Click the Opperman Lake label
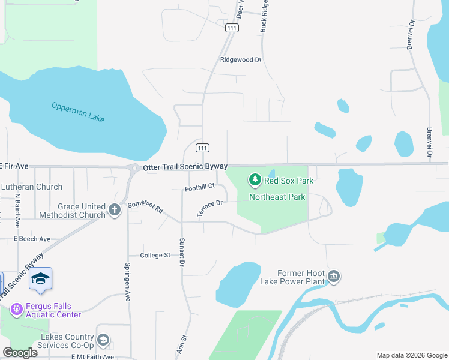point(78,112)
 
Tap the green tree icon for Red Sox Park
point(255,179)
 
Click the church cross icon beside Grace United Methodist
point(115,210)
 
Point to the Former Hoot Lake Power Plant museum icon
point(334,277)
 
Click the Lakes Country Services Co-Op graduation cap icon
point(103,341)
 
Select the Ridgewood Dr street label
point(241,60)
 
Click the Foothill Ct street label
point(200,187)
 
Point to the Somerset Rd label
point(145,207)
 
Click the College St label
point(155,255)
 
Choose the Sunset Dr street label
point(182,251)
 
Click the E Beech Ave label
point(32,239)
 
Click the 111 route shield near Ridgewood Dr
point(232,28)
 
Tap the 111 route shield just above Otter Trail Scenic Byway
point(203,148)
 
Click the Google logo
point(20,353)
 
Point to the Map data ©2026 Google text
point(411,355)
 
